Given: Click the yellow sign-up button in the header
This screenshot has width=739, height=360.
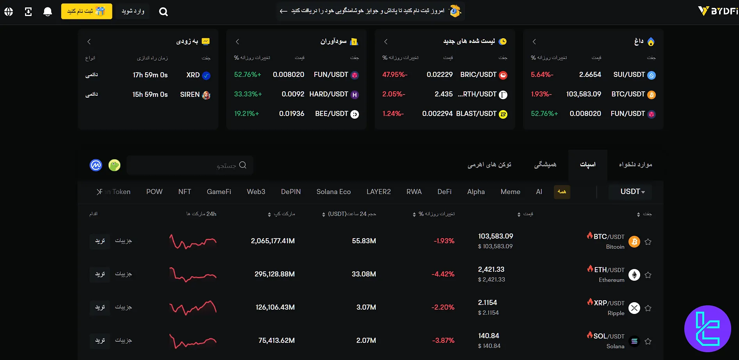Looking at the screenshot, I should pyautogui.click(x=86, y=11).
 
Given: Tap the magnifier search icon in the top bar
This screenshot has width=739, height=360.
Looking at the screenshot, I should pyautogui.click(x=164, y=12).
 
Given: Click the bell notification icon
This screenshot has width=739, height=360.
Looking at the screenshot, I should pyautogui.click(x=48, y=12).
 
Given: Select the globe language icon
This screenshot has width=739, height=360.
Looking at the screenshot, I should pyautogui.click(x=9, y=12).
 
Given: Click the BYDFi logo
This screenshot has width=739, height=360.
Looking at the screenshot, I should pyautogui.click(x=718, y=11).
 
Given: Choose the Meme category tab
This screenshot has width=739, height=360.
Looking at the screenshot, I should pyautogui.click(x=510, y=192).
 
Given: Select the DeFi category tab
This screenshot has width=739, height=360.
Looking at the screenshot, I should pyautogui.click(x=444, y=192).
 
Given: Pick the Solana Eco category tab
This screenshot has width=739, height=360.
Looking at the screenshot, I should pyautogui.click(x=333, y=192).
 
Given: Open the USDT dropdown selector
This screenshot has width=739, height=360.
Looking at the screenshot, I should pyautogui.click(x=632, y=192).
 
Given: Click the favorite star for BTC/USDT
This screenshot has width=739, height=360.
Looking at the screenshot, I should pyautogui.click(x=648, y=242).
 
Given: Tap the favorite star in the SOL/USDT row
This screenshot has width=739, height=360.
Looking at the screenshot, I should pyautogui.click(x=648, y=341).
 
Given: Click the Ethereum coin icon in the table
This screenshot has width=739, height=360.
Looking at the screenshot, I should pyautogui.click(x=634, y=275).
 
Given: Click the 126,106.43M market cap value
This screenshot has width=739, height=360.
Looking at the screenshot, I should pyautogui.click(x=275, y=307).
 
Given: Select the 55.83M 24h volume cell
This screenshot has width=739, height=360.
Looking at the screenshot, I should pyautogui.click(x=364, y=241).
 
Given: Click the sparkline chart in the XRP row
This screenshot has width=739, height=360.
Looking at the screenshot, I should pyautogui.click(x=193, y=308).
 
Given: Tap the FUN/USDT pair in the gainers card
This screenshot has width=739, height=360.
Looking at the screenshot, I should pyautogui.click(x=331, y=75).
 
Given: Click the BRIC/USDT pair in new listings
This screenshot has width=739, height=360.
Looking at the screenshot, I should pyautogui.click(x=478, y=75).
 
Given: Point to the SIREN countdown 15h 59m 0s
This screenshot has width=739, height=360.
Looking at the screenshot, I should pyautogui.click(x=150, y=94).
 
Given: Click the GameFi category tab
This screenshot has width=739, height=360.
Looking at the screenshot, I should pyautogui.click(x=219, y=192).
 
